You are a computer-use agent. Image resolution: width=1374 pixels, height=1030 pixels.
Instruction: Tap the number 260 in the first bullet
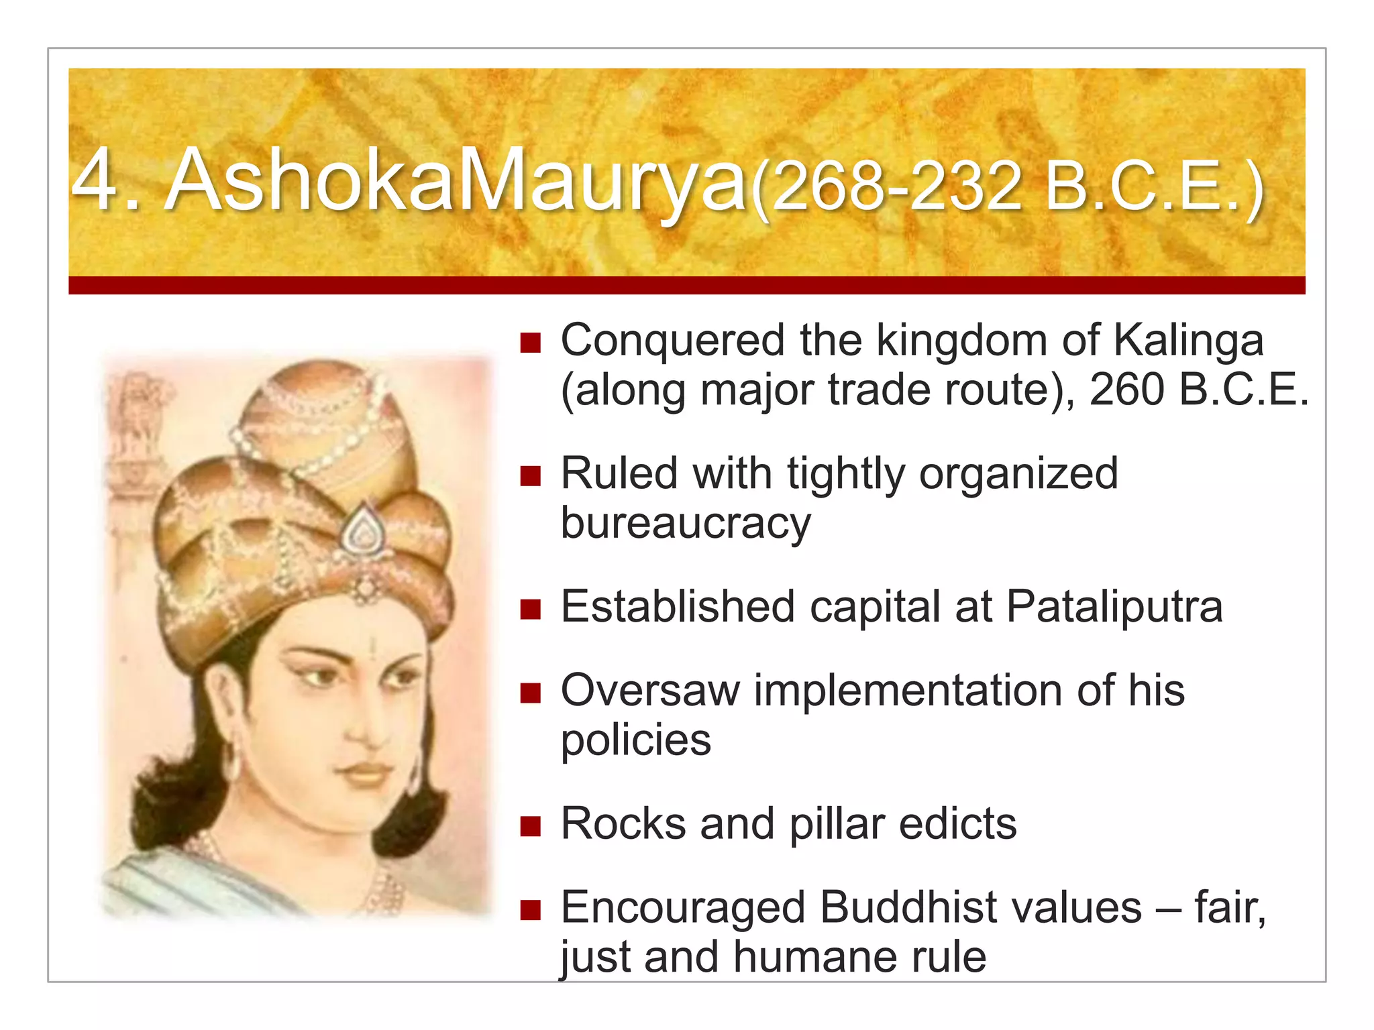pyautogui.click(x=1126, y=390)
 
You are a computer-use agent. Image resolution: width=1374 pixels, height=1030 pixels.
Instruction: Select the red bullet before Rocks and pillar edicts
pyautogui.click(x=530, y=827)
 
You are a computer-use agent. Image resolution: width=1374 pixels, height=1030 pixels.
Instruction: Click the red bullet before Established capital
pyautogui.click(x=530, y=610)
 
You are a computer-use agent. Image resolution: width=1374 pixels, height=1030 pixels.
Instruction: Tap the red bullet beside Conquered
pyautogui.click(x=530, y=343)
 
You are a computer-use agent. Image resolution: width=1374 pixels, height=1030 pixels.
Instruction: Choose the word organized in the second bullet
pyautogui.click(x=1018, y=474)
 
